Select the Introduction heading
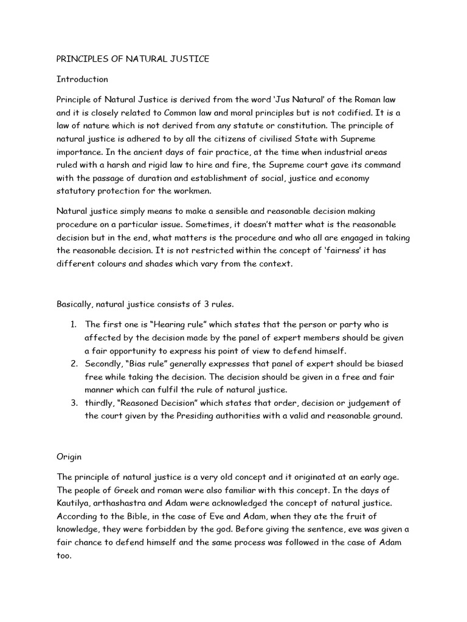[82, 79]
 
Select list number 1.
[73, 324]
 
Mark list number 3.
[73, 403]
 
